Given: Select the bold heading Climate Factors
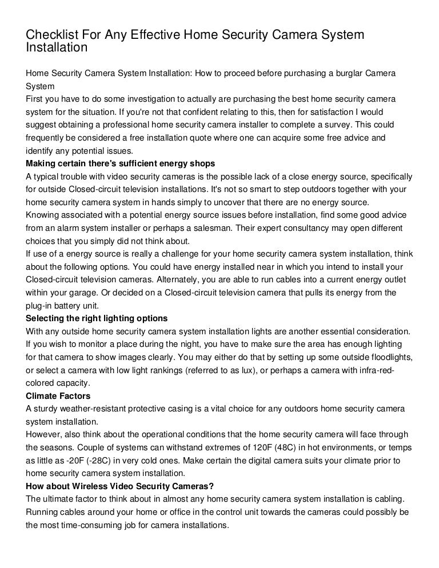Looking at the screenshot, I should [58, 395].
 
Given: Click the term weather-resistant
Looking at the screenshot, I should [98, 408].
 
